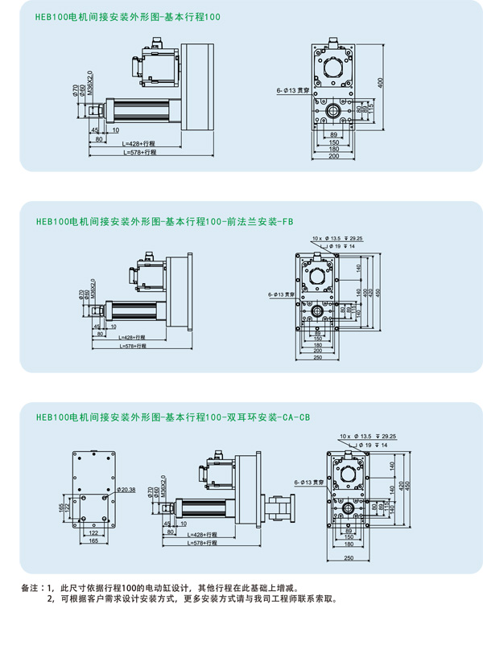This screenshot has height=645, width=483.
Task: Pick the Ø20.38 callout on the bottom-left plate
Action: pos(126,489)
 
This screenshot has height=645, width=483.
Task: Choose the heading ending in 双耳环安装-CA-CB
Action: pos(173,417)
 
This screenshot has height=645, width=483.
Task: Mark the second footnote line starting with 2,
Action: pos(192,599)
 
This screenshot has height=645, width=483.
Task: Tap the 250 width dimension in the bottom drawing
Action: pos(348,557)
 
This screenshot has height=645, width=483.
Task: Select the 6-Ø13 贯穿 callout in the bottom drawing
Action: pos(308,483)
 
